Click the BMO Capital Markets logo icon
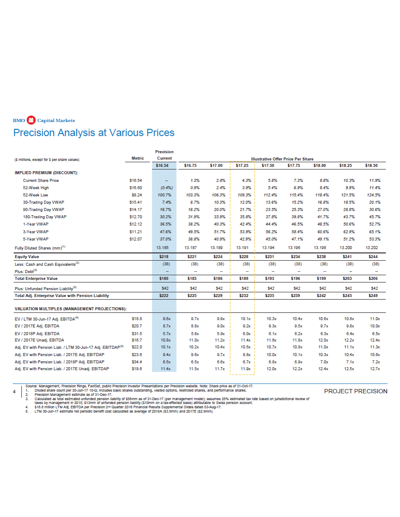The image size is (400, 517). (x=30, y=120)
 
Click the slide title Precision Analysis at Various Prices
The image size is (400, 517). (x=94, y=133)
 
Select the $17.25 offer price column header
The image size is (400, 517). (x=242, y=165)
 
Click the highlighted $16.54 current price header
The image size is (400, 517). (x=164, y=165)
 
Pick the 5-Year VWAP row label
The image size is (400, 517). (x=36, y=239)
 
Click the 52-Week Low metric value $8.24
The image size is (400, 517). (x=136, y=194)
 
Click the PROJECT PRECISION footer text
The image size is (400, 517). (x=361, y=391)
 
